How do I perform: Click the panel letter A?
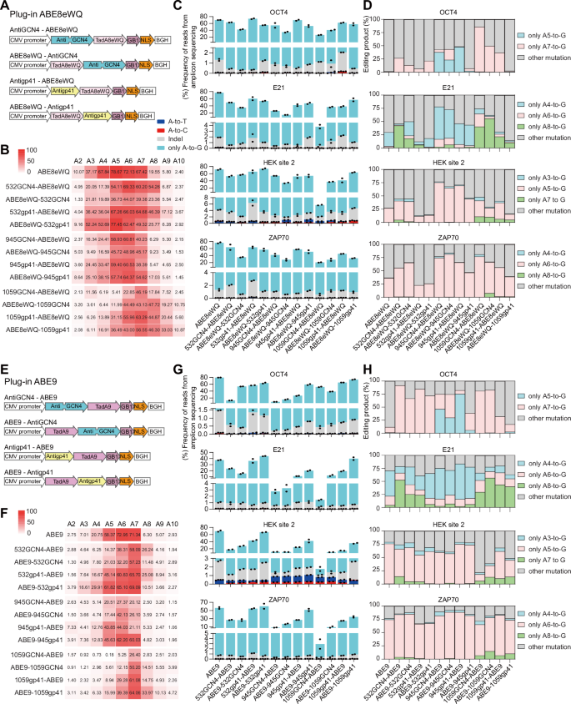[x=5, y=6]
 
